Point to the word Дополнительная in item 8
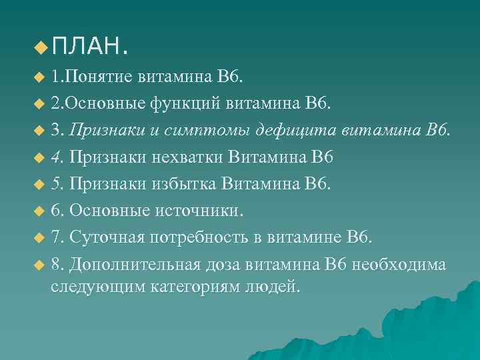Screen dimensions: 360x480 point(134,264)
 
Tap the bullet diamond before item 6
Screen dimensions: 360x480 point(37,212)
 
